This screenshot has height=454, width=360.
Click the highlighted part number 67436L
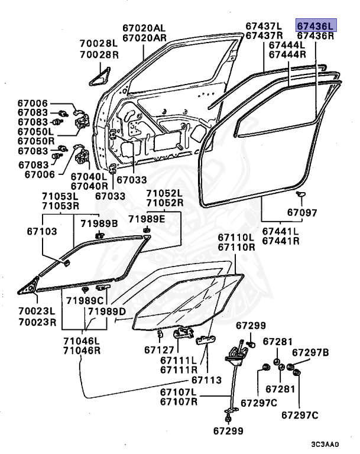pyautogui.click(x=316, y=25)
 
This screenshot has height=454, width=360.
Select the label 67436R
pyautogui.click(x=316, y=35)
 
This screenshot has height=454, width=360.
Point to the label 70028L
pyautogui.click(x=100, y=44)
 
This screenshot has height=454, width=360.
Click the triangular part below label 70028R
pyautogui.click(x=100, y=75)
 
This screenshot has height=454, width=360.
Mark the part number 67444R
pyautogui.click(x=287, y=54)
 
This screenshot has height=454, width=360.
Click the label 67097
pyautogui.click(x=303, y=213)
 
